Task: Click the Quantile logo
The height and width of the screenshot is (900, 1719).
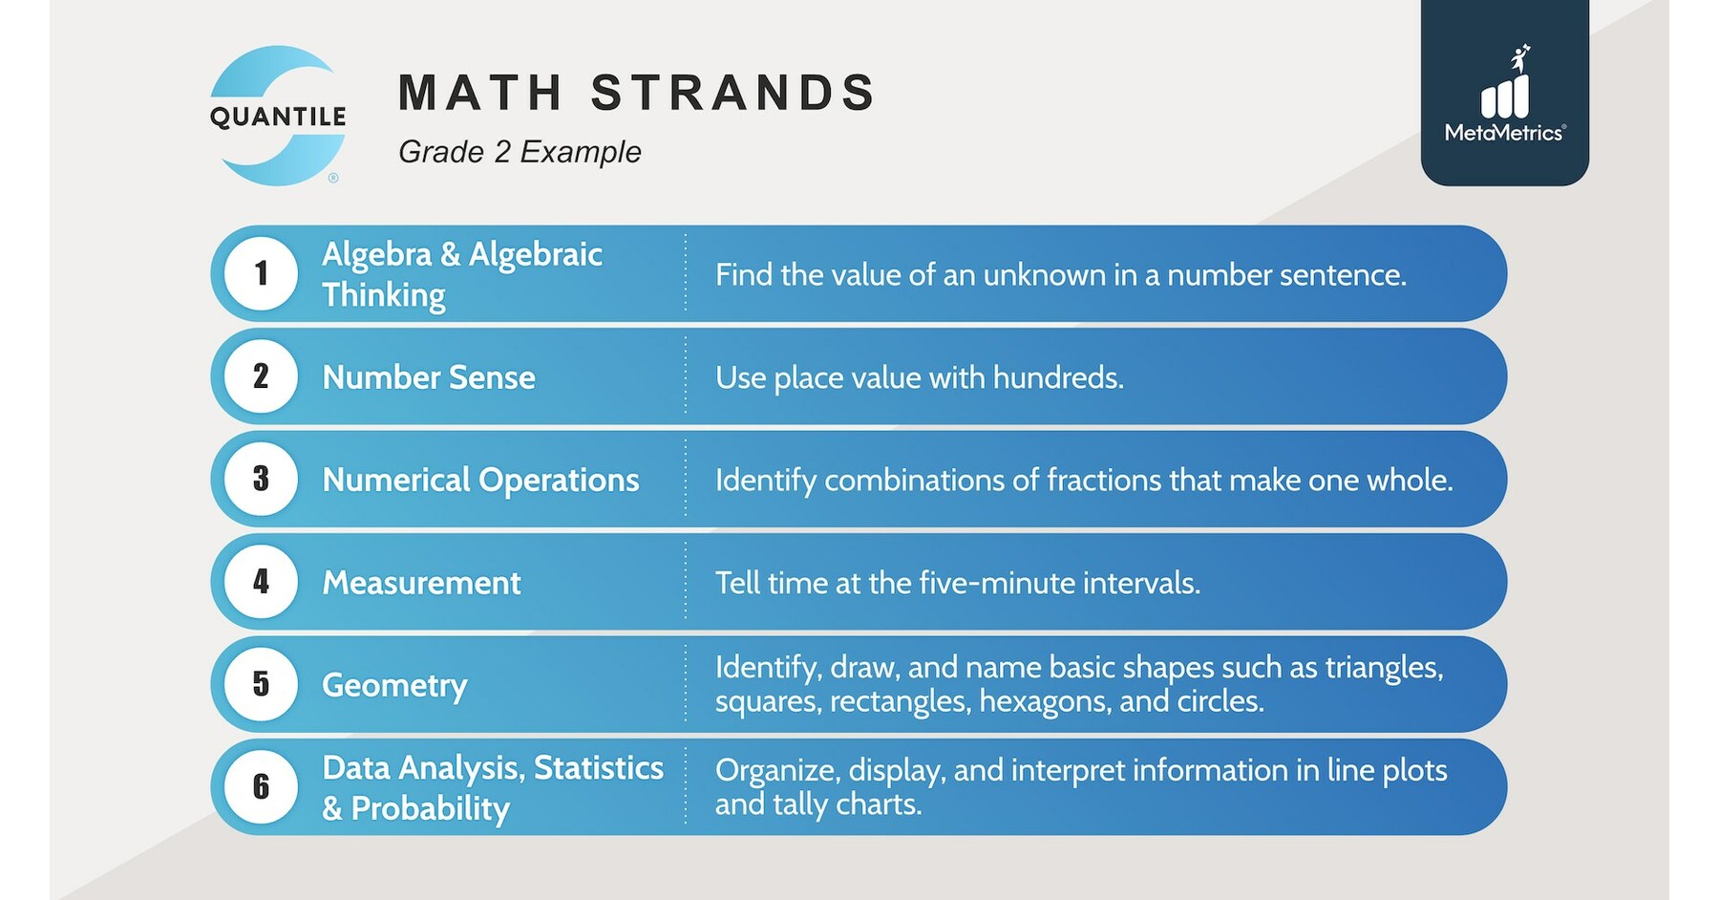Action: pyautogui.click(x=278, y=116)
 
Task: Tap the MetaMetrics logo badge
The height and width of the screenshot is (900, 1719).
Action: pyautogui.click(x=1504, y=94)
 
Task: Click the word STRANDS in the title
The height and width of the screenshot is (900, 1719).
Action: pyautogui.click(x=732, y=93)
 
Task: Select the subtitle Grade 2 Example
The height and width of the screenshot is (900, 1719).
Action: pyautogui.click(x=520, y=152)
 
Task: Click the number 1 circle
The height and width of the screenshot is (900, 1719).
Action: pyautogui.click(x=261, y=273)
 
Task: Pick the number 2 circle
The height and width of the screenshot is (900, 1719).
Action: pyautogui.click(x=261, y=376)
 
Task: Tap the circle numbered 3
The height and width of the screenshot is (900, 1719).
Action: pyautogui.click(x=261, y=479)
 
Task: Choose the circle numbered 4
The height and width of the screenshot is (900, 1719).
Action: pyautogui.click(x=261, y=582)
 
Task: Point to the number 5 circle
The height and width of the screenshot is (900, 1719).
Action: pyautogui.click(x=261, y=684)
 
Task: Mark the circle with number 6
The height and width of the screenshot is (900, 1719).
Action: pyautogui.click(x=261, y=786)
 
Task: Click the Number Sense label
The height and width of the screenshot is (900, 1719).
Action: pyautogui.click(x=429, y=377)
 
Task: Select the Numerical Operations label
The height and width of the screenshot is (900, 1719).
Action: pyautogui.click(x=480, y=480)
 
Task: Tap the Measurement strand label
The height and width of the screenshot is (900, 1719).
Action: pyautogui.click(x=421, y=583)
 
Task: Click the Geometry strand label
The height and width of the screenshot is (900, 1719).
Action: pyautogui.click(x=394, y=685)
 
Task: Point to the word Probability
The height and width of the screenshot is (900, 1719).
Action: pyautogui.click(x=430, y=808)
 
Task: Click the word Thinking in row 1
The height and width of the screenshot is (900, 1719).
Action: pyautogui.click(x=383, y=295)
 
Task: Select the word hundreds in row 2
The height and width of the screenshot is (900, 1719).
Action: pyautogui.click(x=1057, y=377)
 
